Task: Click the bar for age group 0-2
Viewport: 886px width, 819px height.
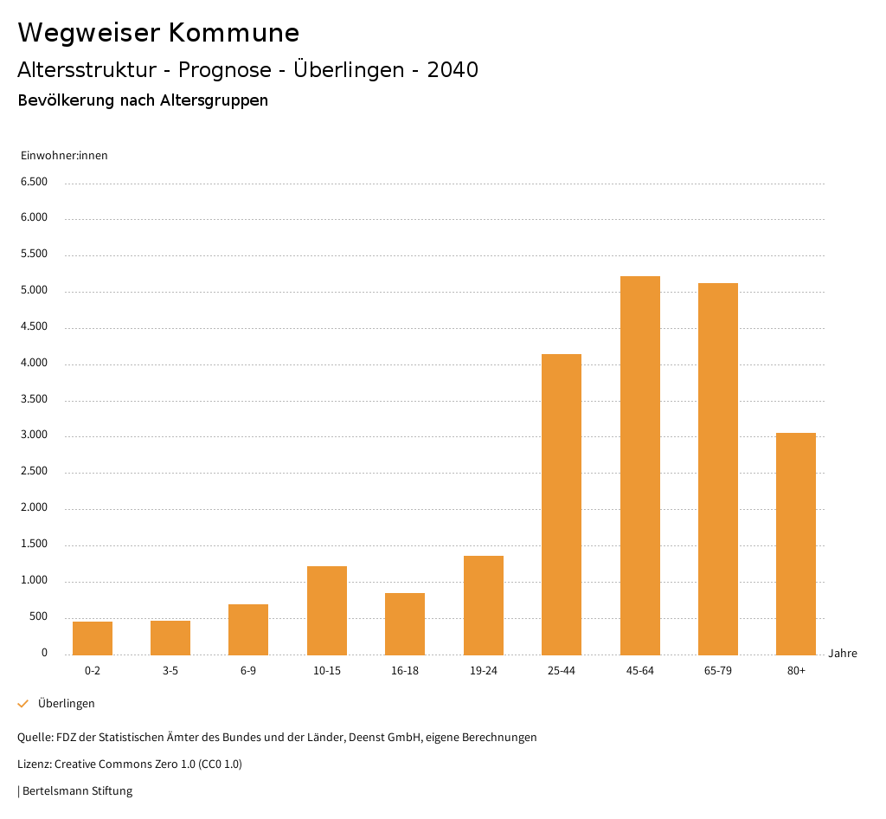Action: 93,638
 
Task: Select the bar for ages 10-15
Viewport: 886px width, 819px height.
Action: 327,610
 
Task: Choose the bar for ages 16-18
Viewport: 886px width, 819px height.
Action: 405,623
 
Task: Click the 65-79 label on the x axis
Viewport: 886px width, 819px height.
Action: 718,671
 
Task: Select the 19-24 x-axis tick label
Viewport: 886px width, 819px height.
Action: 484,671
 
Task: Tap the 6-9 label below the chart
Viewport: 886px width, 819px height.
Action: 248,671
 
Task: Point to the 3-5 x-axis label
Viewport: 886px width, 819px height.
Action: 170,671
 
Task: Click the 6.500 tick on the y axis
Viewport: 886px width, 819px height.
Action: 34,182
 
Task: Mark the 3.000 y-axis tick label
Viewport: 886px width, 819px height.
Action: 34,435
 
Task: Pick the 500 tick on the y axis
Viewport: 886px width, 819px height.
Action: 38,617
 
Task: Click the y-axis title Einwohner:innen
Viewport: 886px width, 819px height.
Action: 64,156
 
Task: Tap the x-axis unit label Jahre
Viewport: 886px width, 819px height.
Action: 843,654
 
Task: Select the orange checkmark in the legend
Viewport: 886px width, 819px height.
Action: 23,704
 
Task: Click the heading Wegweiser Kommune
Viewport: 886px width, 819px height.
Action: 158,33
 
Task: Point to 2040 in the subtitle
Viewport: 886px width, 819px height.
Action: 453,70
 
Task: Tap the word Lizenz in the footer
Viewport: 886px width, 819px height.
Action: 34,764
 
